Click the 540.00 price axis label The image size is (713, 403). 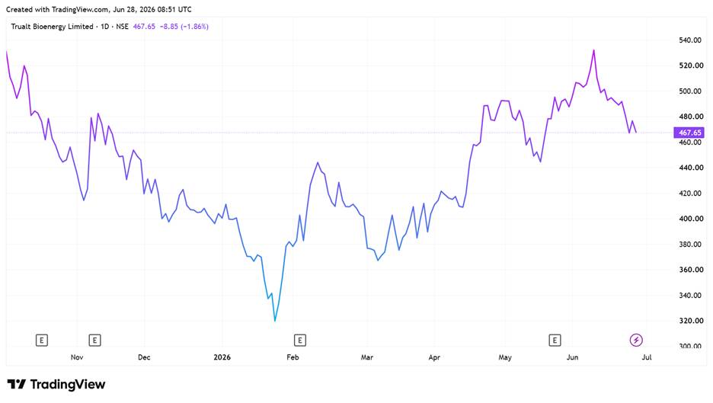(x=690, y=40)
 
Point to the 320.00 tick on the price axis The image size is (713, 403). (x=690, y=321)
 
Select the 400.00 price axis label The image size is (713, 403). (x=690, y=219)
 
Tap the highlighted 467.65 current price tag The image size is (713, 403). (x=689, y=133)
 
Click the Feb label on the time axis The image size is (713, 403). (x=293, y=357)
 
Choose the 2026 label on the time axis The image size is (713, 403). (x=222, y=357)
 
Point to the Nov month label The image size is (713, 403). (x=77, y=357)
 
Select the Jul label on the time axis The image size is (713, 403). (x=647, y=357)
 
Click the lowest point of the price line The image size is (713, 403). (x=275, y=321)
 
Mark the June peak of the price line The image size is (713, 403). (x=594, y=50)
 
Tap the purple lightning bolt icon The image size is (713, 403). (x=636, y=340)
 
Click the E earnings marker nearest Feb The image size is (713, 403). (x=299, y=341)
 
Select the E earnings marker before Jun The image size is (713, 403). (x=555, y=341)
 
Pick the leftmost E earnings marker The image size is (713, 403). (x=42, y=341)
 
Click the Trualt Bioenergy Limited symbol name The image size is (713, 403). (x=53, y=27)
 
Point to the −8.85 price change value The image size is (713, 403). (x=169, y=27)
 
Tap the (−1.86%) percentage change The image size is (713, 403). (x=194, y=27)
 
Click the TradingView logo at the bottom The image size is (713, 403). (x=56, y=385)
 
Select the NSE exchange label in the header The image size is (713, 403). (x=123, y=27)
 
